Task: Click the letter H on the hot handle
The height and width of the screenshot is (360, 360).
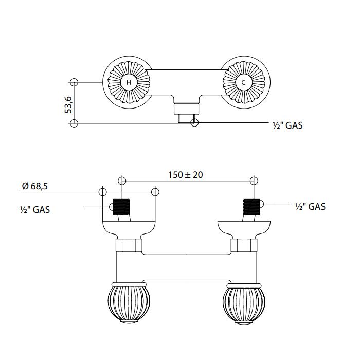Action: pos(129,82)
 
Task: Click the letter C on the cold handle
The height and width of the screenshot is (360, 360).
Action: pos(243,82)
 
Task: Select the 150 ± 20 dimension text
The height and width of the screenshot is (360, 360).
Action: pos(186,175)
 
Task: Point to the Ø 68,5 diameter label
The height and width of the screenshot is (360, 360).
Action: pos(35,186)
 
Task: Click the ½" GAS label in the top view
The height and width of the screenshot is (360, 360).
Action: pos(286,125)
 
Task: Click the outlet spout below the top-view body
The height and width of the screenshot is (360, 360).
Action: pos(185,110)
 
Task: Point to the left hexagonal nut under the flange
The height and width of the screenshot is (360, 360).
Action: pos(128,245)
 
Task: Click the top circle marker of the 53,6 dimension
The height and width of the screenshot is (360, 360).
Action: pos(74,82)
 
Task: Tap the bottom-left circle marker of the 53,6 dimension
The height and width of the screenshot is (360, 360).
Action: pos(74,123)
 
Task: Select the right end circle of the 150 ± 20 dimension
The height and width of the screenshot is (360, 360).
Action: pos(253,180)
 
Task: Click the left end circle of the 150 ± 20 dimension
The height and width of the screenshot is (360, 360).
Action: pos(121,180)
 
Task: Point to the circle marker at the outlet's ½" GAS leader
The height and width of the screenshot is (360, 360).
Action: pos(194,123)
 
